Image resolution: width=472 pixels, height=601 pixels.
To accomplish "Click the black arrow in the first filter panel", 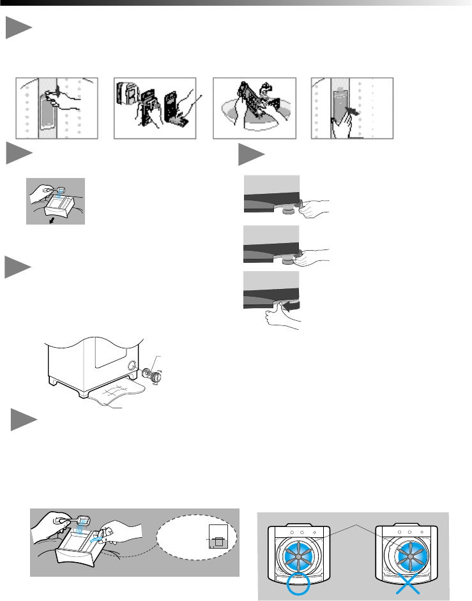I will (x=57, y=91).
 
